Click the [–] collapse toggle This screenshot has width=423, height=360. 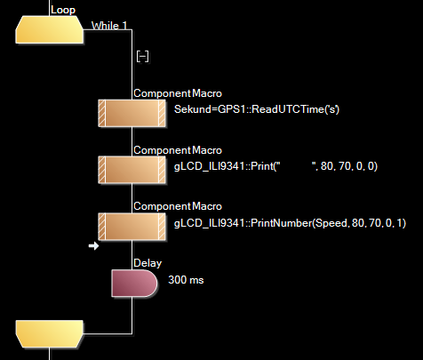142,55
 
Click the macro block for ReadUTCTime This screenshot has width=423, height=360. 131,114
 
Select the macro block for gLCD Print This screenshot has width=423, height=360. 131,170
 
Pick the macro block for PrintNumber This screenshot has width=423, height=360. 131,227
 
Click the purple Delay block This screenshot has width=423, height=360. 134,284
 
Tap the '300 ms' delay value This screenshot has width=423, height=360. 186,279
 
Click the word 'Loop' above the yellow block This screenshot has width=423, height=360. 63,9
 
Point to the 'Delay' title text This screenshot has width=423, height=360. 148,263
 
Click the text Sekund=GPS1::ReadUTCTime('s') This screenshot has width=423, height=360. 257,108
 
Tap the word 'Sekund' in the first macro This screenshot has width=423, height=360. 193,108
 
